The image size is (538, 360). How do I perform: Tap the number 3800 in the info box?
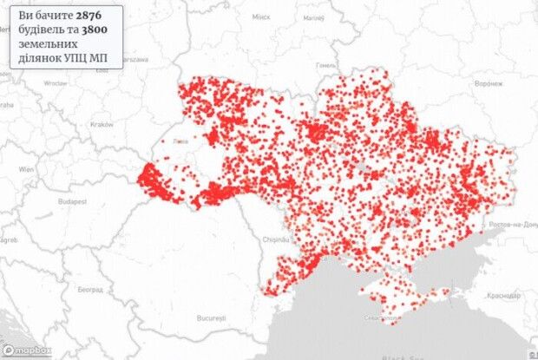[104, 30]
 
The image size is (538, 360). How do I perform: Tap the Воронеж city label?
[487, 85]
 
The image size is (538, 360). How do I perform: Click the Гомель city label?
[327, 64]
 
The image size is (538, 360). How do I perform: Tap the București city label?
[210, 317]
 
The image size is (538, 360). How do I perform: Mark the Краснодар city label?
[504, 296]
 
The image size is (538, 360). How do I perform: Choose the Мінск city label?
[260, 16]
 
